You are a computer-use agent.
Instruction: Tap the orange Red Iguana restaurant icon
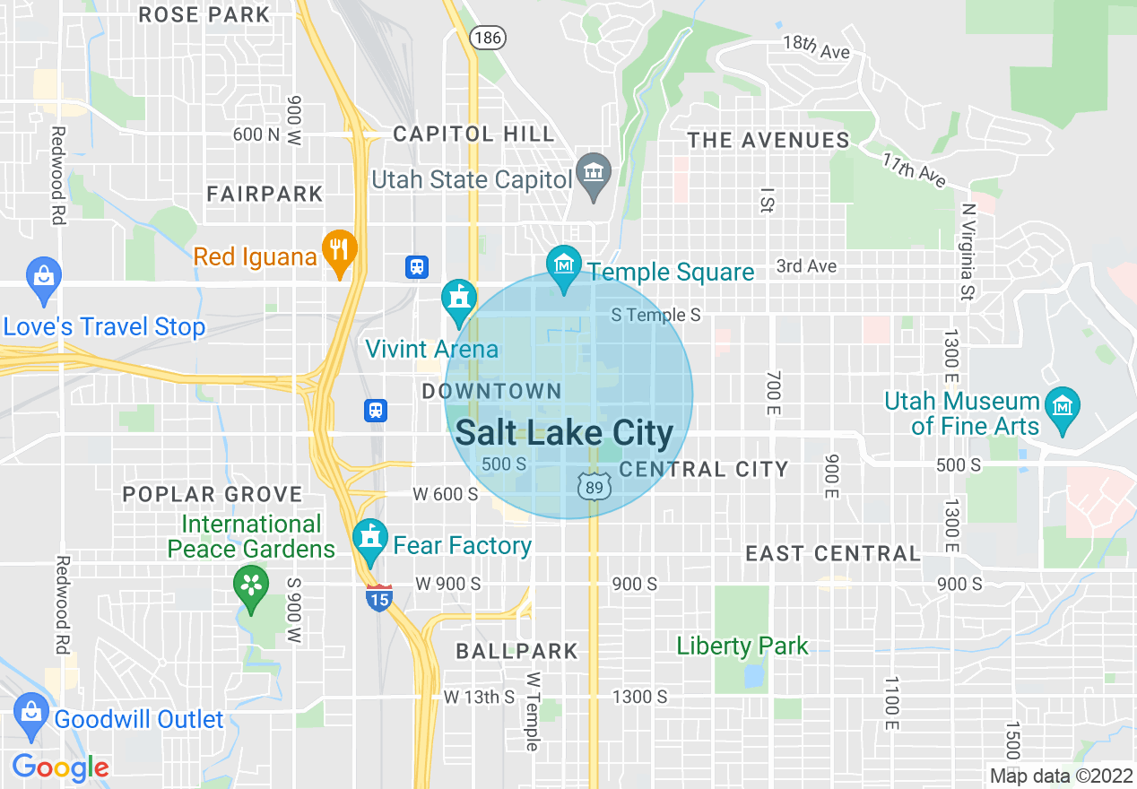(x=338, y=248)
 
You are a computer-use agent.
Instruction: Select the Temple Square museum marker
(x=564, y=264)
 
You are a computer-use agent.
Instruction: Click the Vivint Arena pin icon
(x=459, y=298)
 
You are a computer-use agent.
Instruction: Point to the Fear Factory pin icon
(x=370, y=537)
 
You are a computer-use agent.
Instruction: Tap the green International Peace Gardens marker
(x=251, y=585)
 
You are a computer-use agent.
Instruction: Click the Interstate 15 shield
(x=379, y=597)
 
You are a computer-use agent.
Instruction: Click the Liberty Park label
(x=742, y=646)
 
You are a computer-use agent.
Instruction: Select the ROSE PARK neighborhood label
(x=205, y=14)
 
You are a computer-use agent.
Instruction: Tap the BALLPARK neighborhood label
(x=516, y=651)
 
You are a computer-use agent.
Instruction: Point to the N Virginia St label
(x=967, y=251)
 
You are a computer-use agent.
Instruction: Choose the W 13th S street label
(x=479, y=697)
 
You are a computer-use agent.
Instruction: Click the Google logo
(x=60, y=767)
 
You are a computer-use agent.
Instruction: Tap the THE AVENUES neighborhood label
(x=768, y=140)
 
